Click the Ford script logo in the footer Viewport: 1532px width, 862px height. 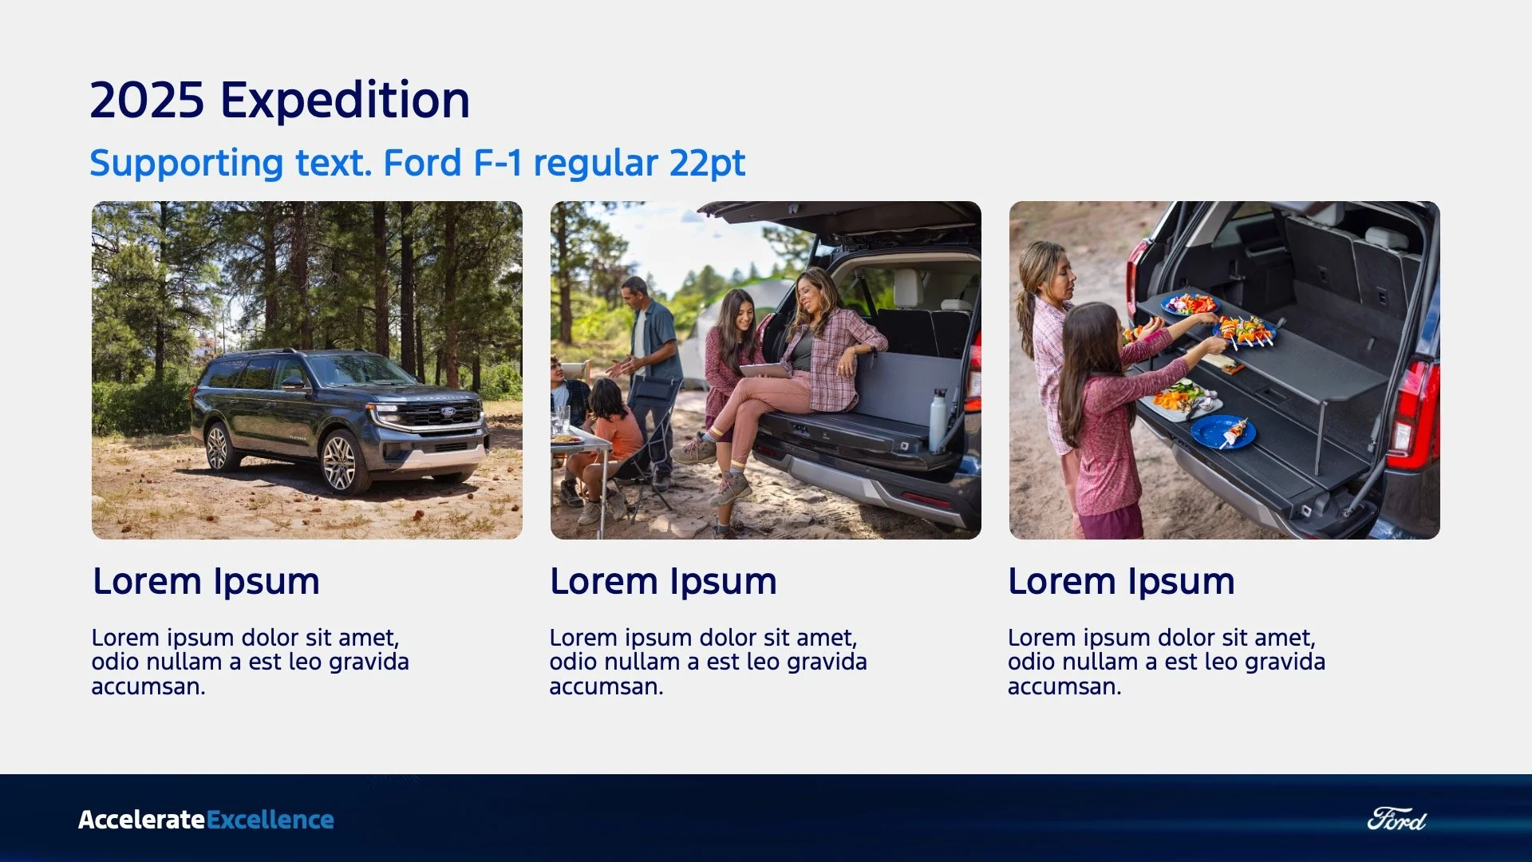tap(1396, 820)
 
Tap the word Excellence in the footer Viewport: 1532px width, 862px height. tap(270, 820)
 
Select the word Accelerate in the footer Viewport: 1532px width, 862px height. tap(141, 820)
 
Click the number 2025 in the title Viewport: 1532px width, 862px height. tap(147, 101)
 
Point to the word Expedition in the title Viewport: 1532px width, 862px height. tap(345, 101)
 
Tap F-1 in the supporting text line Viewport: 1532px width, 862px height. tap(498, 164)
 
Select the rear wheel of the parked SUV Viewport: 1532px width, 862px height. tap(218, 447)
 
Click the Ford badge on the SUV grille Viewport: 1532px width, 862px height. tap(448, 413)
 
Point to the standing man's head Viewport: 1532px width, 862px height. tap(634, 291)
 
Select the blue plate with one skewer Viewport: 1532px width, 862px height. tap(1223, 433)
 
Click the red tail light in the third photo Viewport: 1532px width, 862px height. tap(1413, 415)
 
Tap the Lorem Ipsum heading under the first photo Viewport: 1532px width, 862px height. tap(206, 581)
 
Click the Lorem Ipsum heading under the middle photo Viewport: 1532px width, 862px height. tap(663, 581)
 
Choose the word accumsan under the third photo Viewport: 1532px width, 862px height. tap(1064, 686)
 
